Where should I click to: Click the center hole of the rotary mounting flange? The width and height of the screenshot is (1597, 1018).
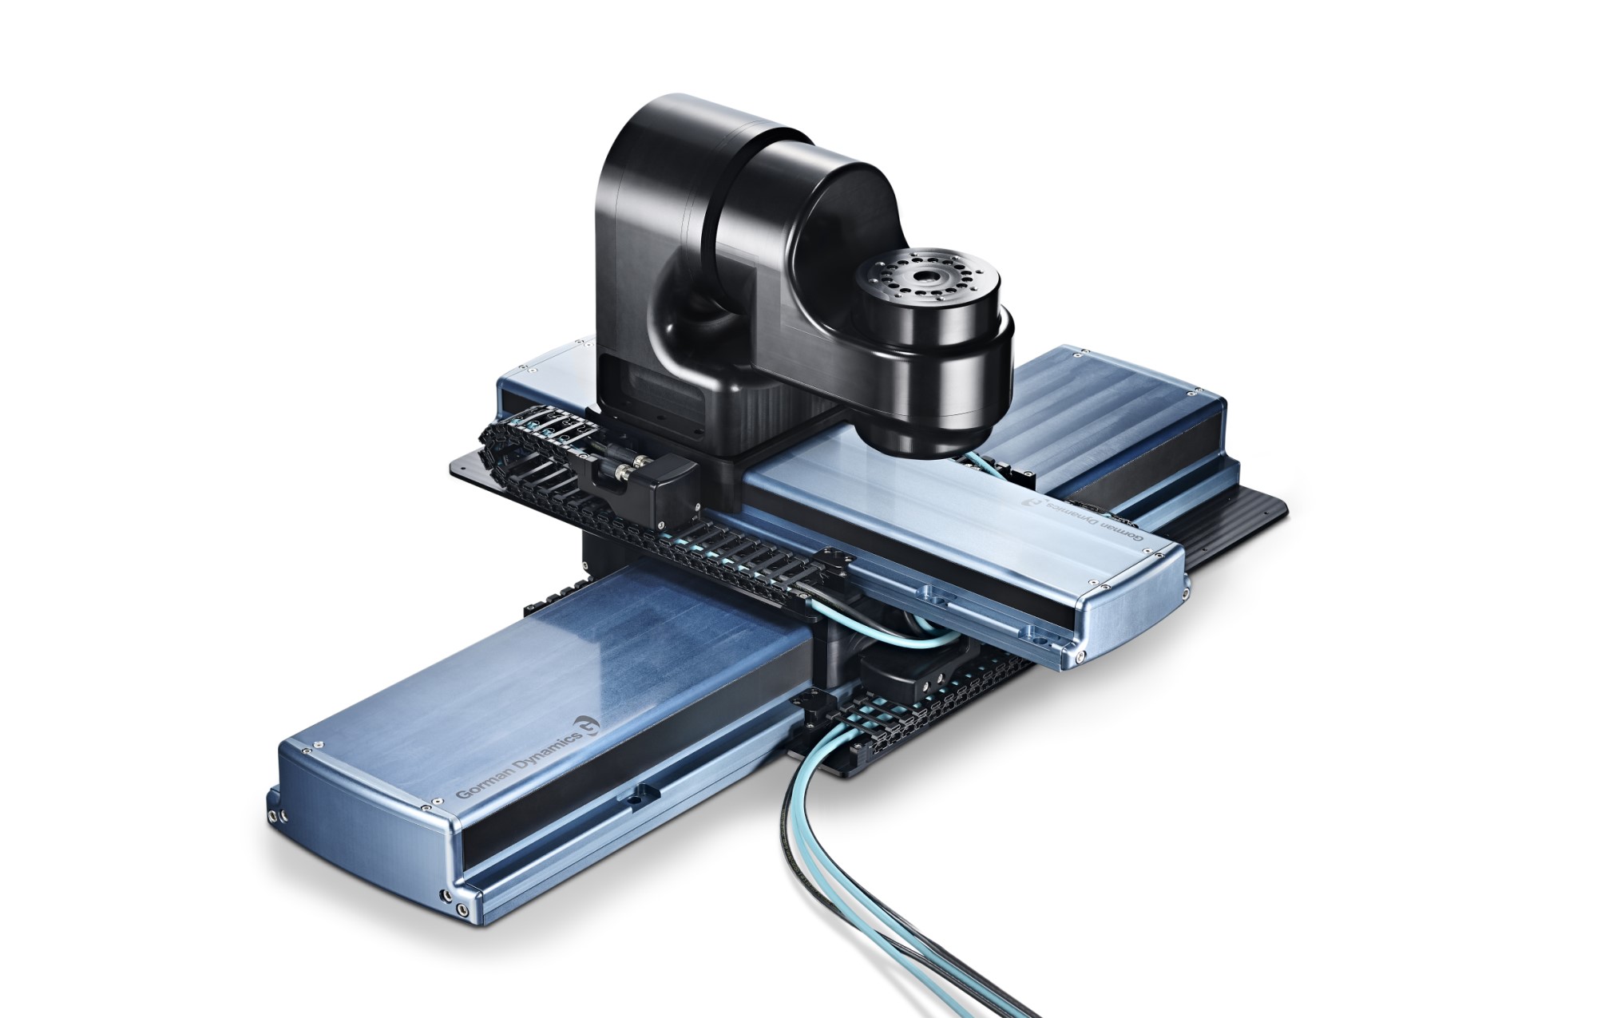(929, 280)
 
